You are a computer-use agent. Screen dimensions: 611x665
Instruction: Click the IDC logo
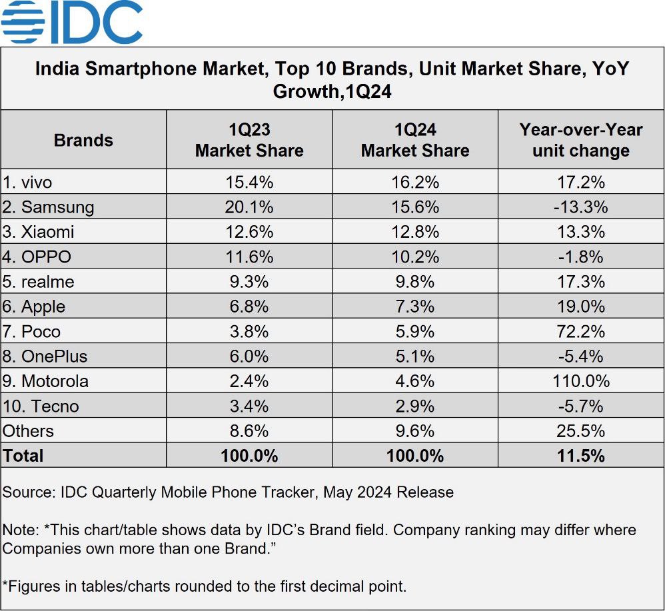pyautogui.click(x=72, y=22)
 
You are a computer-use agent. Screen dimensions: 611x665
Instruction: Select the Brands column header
pyautogui.click(x=83, y=140)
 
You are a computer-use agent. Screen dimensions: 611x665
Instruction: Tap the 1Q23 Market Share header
pyautogui.click(x=249, y=140)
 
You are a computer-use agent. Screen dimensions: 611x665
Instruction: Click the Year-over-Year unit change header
pyautogui.click(x=580, y=140)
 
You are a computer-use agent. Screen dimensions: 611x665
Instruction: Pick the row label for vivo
pyautogui.click(x=27, y=182)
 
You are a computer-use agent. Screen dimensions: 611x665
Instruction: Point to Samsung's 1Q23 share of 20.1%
pyautogui.click(x=249, y=207)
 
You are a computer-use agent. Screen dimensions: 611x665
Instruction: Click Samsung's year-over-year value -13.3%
pyautogui.click(x=580, y=207)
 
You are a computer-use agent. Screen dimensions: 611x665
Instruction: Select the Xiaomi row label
pyautogui.click(x=38, y=232)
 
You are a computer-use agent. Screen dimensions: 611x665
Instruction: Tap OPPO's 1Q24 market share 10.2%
pyautogui.click(x=415, y=257)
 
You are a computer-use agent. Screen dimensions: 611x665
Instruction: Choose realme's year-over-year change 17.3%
pyautogui.click(x=580, y=282)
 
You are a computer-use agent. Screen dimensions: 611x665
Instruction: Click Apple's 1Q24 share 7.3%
pyautogui.click(x=415, y=306)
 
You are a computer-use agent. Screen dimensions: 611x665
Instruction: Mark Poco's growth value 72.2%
pyautogui.click(x=580, y=331)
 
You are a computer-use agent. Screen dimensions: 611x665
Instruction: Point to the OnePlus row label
pyautogui.click(x=45, y=356)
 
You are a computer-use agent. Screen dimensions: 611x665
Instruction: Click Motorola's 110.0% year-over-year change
pyautogui.click(x=580, y=381)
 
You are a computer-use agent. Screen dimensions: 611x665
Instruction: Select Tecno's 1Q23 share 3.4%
pyautogui.click(x=249, y=406)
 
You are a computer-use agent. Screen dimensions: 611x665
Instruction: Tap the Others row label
pyautogui.click(x=28, y=431)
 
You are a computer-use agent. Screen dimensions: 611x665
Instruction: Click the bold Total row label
pyautogui.click(x=23, y=456)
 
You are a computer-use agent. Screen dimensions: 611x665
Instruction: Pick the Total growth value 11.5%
pyautogui.click(x=580, y=456)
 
